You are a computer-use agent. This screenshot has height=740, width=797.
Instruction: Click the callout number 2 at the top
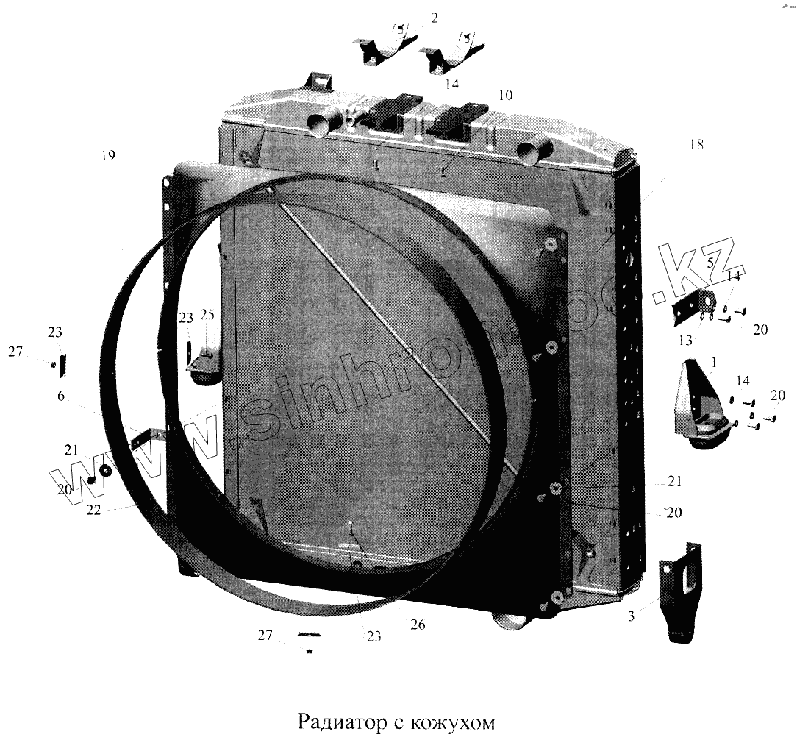(434, 18)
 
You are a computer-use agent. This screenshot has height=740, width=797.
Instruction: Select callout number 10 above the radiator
(505, 96)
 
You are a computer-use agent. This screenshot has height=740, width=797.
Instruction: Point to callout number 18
(696, 144)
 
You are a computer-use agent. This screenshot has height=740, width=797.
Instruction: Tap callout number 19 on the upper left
(109, 155)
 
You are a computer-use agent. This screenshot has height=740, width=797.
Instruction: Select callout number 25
(207, 316)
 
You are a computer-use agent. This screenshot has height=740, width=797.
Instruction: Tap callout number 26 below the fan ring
(418, 625)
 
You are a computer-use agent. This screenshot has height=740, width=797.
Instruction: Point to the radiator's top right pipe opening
(531, 153)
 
